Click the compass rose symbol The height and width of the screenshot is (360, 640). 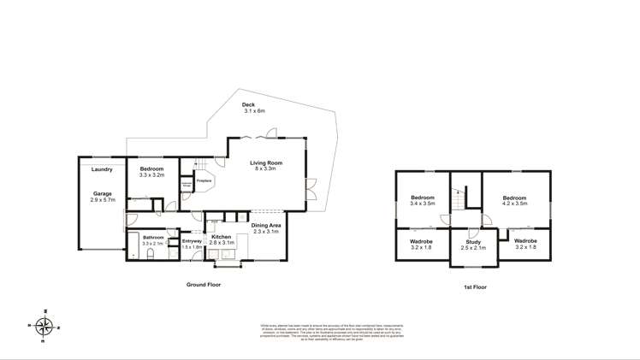click(x=45, y=326)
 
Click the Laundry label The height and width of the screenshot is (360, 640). click(x=102, y=169)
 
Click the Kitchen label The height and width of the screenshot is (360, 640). click(x=221, y=236)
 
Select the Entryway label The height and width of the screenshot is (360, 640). click(x=192, y=241)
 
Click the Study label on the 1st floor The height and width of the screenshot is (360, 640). click(x=472, y=242)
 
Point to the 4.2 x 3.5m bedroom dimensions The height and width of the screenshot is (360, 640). click(x=515, y=204)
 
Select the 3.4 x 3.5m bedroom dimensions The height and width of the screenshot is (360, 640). click(x=423, y=204)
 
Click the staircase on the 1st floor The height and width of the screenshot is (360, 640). click(x=459, y=198)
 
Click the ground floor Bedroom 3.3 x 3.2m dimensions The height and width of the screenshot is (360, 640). click(x=152, y=175)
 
